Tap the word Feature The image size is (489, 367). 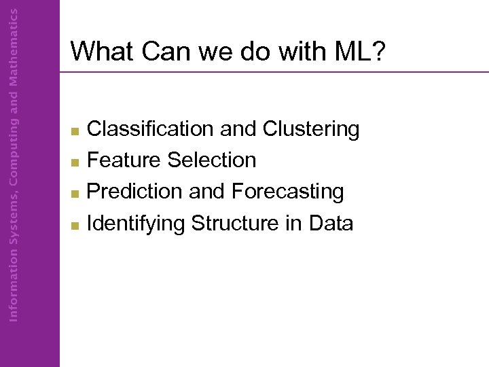pos(125,160)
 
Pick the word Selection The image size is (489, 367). pos(212,160)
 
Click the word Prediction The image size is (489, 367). pos(136,192)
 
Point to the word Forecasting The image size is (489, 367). pos(287,192)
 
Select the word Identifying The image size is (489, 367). pos(137,223)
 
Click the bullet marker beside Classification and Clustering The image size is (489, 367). pos(76,130)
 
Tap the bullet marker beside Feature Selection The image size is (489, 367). pos(76,162)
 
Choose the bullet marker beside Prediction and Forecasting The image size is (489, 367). pos(76,193)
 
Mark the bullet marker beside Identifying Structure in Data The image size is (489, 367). pos(76,224)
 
